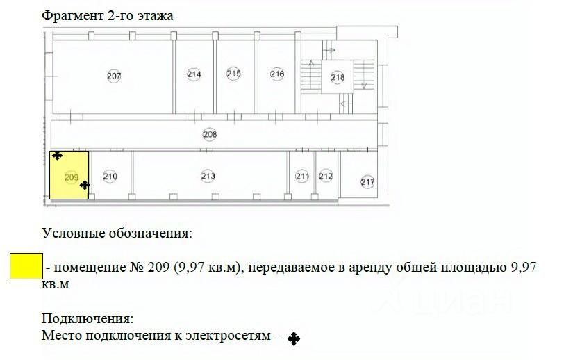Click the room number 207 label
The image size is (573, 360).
(114, 76)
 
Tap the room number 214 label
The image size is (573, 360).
(194, 74)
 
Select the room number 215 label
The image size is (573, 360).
(233, 74)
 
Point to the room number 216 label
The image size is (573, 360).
(277, 74)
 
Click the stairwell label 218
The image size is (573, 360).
(337, 77)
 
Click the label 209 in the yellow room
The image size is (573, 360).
(70, 177)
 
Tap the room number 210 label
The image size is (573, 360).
(110, 177)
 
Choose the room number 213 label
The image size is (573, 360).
(208, 176)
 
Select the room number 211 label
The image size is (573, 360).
(302, 177)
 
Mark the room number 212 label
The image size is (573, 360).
(326, 177)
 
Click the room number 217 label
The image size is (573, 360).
(367, 182)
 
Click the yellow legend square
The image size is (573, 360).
(26, 266)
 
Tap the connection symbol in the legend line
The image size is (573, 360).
(294, 339)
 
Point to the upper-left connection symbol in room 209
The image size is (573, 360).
(57, 156)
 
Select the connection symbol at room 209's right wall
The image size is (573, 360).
(85, 185)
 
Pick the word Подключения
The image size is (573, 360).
(87, 319)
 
